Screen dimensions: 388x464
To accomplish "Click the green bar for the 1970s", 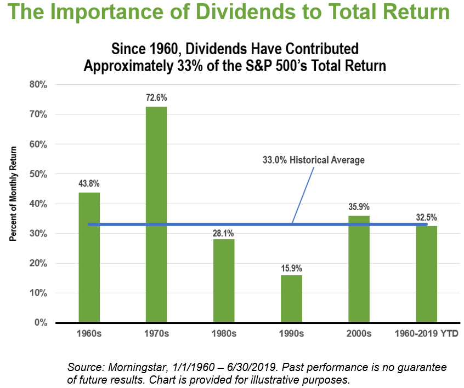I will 156,214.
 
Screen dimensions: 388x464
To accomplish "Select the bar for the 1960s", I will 89,257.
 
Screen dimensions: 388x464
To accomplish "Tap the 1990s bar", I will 291,299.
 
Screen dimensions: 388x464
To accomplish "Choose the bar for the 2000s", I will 359,269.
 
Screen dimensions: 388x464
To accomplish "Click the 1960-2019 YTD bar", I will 426,274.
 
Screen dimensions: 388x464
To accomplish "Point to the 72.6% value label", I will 156,98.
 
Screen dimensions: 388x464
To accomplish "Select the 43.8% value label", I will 89,184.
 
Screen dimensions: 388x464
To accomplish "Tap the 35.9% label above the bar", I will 359,207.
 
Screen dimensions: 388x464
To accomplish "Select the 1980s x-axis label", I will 224,334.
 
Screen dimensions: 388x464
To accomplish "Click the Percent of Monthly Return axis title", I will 14,194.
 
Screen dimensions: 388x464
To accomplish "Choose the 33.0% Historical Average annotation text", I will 314,160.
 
